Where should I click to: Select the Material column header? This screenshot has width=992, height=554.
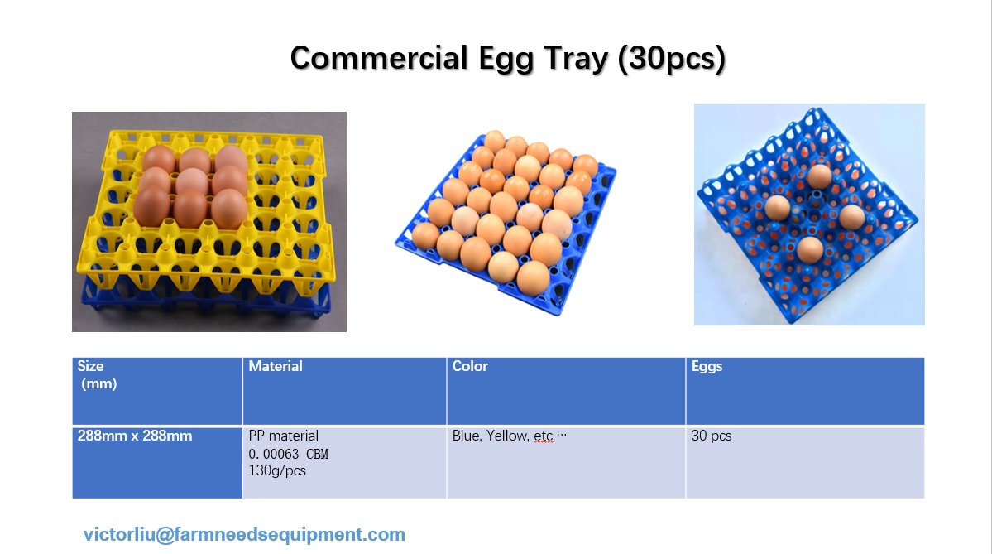click(x=276, y=366)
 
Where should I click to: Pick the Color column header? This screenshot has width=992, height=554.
click(x=470, y=366)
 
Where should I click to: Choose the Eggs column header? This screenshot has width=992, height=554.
click(x=707, y=366)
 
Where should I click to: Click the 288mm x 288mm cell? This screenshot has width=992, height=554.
click(x=134, y=436)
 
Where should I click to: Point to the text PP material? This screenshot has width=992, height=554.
click(x=283, y=436)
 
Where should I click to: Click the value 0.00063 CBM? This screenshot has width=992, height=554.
click(x=288, y=454)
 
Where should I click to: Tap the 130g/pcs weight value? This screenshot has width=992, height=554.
click(x=276, y=470)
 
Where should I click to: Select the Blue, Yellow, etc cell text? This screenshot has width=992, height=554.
click(x=509, y=436)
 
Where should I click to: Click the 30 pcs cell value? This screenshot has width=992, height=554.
click(x=712, y=436)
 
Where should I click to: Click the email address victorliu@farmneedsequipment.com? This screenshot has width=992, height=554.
click(x=244, y=534)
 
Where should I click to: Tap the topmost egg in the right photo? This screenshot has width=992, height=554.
click(x=819, y=176)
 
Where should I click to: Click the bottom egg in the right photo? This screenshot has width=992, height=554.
click(x=810, y=248)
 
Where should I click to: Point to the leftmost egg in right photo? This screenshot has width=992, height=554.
click(x=778, y=207)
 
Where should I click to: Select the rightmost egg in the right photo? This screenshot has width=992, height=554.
click(x=851, y=217)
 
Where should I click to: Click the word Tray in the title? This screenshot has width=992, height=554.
click(x=571, y=58)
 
